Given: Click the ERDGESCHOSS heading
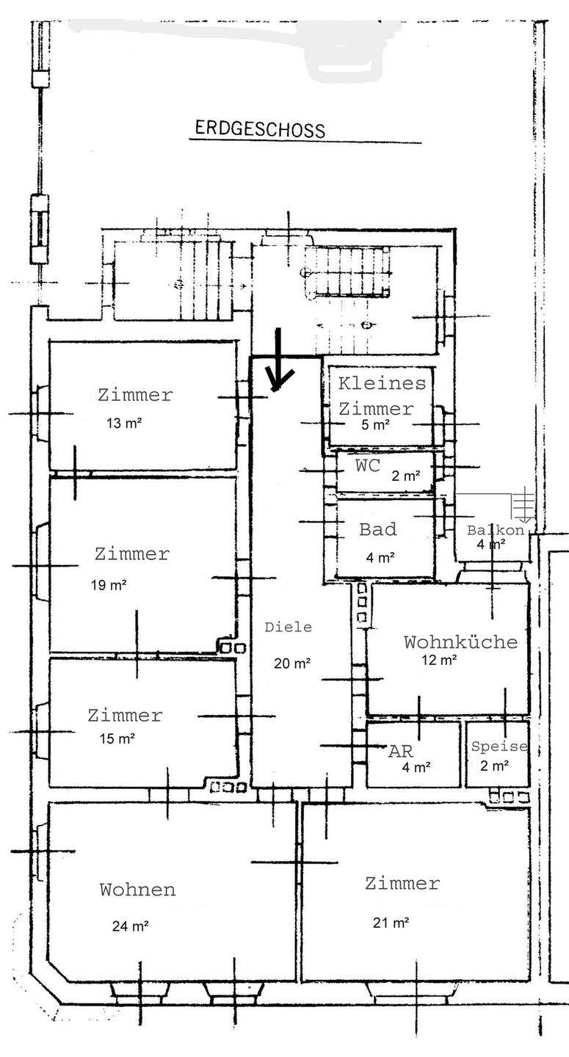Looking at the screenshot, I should (259, 130).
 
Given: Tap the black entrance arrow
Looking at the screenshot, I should (279, 361).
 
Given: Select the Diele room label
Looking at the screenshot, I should (288, 627).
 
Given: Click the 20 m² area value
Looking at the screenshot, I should (292, 664).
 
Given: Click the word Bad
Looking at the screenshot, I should (378, 529).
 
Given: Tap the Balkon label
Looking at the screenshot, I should (495, 530).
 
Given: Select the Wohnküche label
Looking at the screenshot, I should (460, 642).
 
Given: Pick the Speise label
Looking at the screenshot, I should (499, 747).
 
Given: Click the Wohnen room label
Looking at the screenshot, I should (137, 890).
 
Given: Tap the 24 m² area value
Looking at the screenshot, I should (131, 926).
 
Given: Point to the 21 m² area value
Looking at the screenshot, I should (391, 923).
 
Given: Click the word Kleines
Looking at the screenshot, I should (381, 382).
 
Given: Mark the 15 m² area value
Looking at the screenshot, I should (117, 739).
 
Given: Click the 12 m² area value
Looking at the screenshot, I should (439, 660).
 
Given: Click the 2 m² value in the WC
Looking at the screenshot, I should (406, 476).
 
